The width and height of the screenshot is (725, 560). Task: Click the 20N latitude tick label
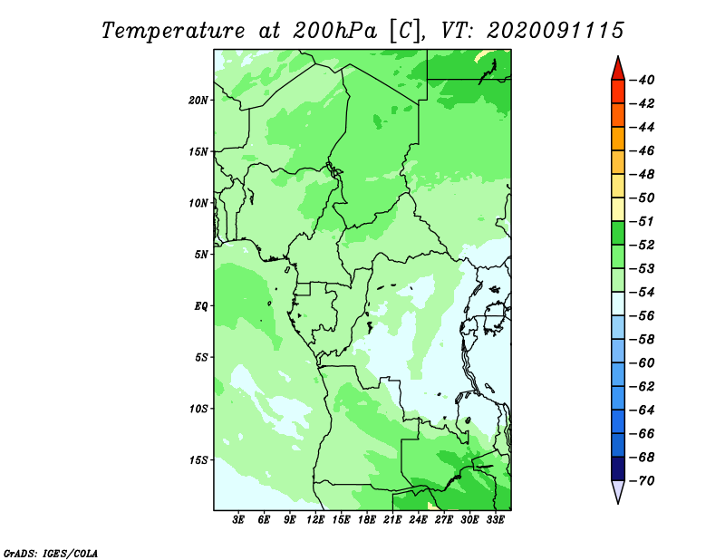click(x=198, y=101)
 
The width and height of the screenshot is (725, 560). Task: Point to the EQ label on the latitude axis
click(x=200, y=306)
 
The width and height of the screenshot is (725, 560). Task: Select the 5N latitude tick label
click(x=201, y=255)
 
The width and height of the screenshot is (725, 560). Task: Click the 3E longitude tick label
click(x=238, y=519)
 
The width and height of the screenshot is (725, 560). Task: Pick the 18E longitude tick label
click(x=367, y=519)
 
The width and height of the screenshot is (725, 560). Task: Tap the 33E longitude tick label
click(x=495, y=519)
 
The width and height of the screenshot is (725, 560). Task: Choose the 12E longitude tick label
click(x=315, y=519)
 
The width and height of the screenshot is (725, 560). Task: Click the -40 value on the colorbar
click(x=643, y=80)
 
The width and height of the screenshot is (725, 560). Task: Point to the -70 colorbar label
click(x=643, y=481)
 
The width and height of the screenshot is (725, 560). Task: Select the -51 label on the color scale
click(x=643, y=221)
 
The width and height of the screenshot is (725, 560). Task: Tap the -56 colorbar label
click(x=643, y=316)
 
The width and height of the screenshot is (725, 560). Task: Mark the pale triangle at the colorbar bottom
click(x=618, y=489)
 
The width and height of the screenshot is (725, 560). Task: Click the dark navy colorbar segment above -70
click(x=618, y=468)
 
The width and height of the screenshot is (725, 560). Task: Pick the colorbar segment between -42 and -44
click(x=618, y=115)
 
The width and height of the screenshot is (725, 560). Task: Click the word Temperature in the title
click(x=173, y=31)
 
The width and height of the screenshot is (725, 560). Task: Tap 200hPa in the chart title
click(x=335, y=31)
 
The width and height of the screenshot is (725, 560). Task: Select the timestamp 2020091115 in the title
click(x=556, y=31)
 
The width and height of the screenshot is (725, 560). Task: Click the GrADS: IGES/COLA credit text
click(x=51, y=554)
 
